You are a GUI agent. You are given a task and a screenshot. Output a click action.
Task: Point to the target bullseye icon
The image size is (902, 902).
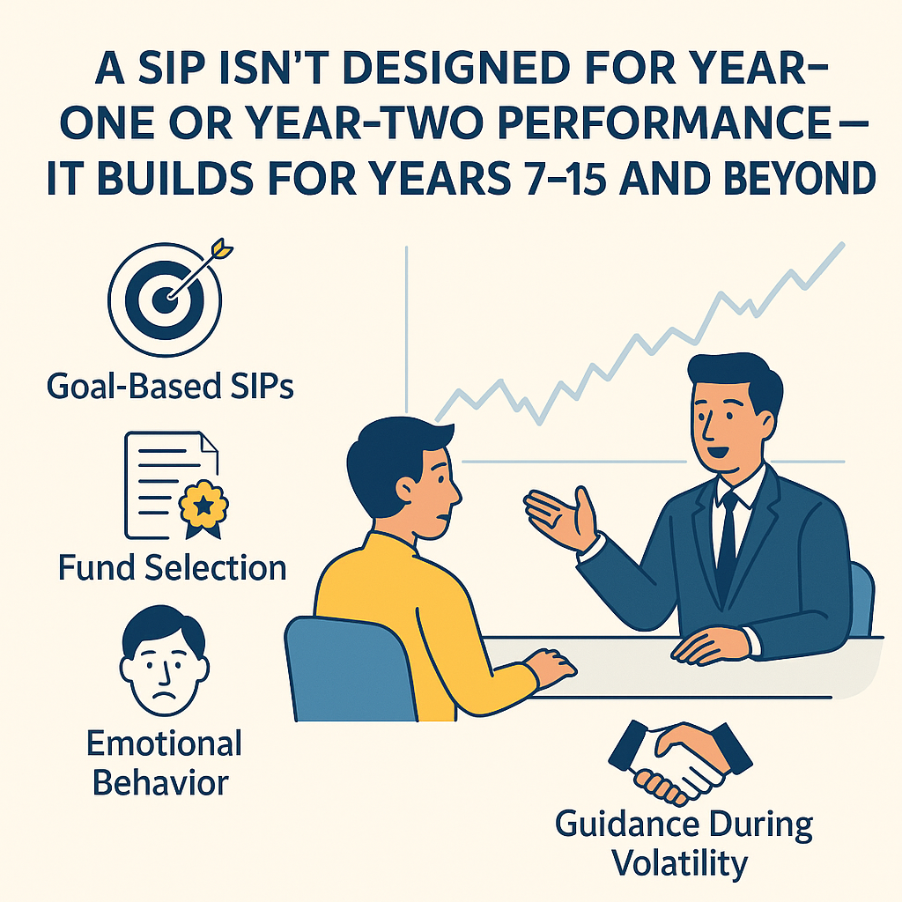[165, 299]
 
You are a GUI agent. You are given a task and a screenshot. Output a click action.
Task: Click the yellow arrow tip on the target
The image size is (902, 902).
[221, 249]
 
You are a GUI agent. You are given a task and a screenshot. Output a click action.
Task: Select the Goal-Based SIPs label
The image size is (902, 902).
[170, 387]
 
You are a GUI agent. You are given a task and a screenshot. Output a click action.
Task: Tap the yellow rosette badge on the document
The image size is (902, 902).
[203, 506]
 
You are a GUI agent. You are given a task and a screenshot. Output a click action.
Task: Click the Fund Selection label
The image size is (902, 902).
[172, 568]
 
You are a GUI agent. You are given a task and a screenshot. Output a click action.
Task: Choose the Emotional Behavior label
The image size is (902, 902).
[163, 763]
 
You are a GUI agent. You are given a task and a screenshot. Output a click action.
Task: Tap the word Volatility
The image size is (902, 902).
[679, 863]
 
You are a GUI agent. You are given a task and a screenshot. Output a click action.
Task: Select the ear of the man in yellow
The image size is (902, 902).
[407, 490]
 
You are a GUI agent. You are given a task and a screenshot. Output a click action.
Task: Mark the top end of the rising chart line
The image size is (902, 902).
[843, 245]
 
